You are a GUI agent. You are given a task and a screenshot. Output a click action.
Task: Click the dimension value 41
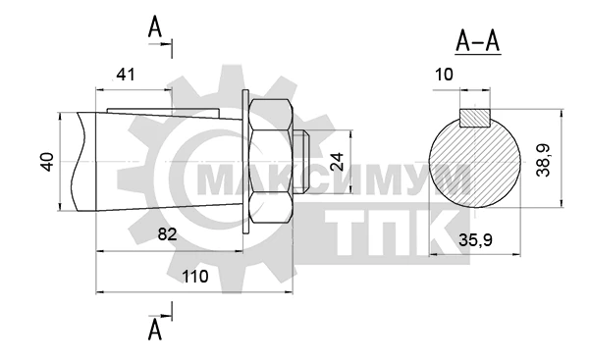tap(125, 75)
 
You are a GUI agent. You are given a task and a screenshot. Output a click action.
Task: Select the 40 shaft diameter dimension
tap(47, 162)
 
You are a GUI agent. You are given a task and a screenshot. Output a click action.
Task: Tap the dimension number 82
tap(167, 234)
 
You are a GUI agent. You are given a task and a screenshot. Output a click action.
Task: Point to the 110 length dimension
tap(195, 277)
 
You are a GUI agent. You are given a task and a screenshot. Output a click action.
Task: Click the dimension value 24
tap(338, 162)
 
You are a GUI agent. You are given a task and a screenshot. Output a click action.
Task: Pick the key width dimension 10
tap(444, 75)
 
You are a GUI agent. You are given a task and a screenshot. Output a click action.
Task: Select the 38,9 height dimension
tap(543, 160)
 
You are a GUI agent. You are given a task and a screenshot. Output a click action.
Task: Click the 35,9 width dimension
tap(475, 240)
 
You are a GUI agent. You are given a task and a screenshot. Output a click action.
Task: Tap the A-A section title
tap(478, 41)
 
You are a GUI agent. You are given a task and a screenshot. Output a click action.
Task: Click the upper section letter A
tap(155, 27)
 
